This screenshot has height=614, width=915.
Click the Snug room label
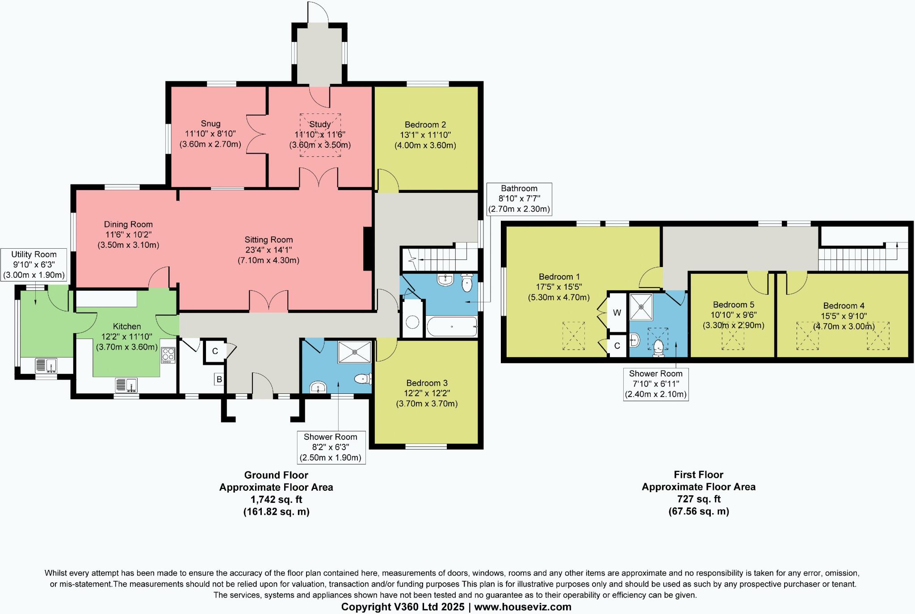click(x=210, y=124)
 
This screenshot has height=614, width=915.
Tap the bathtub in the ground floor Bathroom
click(x=452, y=327)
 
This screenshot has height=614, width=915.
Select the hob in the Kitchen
click(x=168, y=355)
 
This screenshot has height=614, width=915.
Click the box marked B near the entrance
click(x=219, y=380)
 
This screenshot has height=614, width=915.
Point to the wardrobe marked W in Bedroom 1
click(x=617, y=313)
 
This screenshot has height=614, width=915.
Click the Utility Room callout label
click(x=34, y=255)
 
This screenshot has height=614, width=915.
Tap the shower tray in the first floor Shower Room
click(x=641, y=307)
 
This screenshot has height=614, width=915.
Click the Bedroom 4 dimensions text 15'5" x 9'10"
click(x=844, y=316)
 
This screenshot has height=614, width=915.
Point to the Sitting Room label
click(x=269, y=240)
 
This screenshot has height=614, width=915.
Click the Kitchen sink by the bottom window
click(x=126, y=385)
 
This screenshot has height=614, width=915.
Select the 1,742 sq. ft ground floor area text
click(x=276, y=499)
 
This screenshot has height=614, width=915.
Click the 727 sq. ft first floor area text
click(x=698, y=499)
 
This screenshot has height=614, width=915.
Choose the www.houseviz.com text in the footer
click(x=523, y=607)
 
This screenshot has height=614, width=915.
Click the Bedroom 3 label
click(x=427, y=383)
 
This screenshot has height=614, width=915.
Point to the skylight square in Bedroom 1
click(x=573, y=336)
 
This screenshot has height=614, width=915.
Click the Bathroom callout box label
click(x=519, y=188)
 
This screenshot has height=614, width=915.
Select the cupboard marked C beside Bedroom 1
click(x=617, y=346)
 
